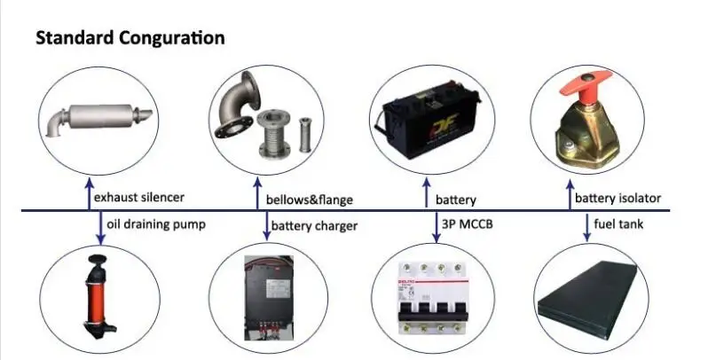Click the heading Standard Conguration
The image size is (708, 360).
click(129, 39)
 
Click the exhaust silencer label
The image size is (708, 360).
click(146, 198)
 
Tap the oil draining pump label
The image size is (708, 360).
click(155, 224)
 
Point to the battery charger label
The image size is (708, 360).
click(315, 225)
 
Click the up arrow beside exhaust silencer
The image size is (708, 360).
click(89, 194)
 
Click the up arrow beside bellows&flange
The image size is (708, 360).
click(257, 194)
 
